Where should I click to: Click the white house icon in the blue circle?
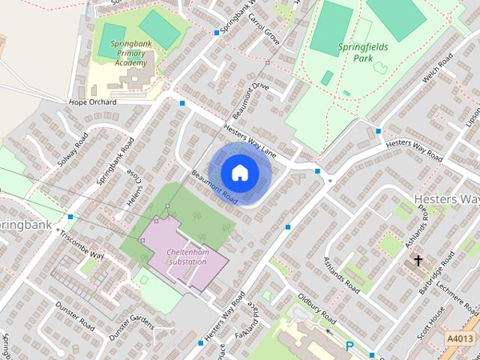(239, 172)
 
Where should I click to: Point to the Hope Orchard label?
(92, 101)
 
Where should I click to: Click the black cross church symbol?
(418, 261)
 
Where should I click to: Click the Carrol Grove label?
(264, 28)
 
